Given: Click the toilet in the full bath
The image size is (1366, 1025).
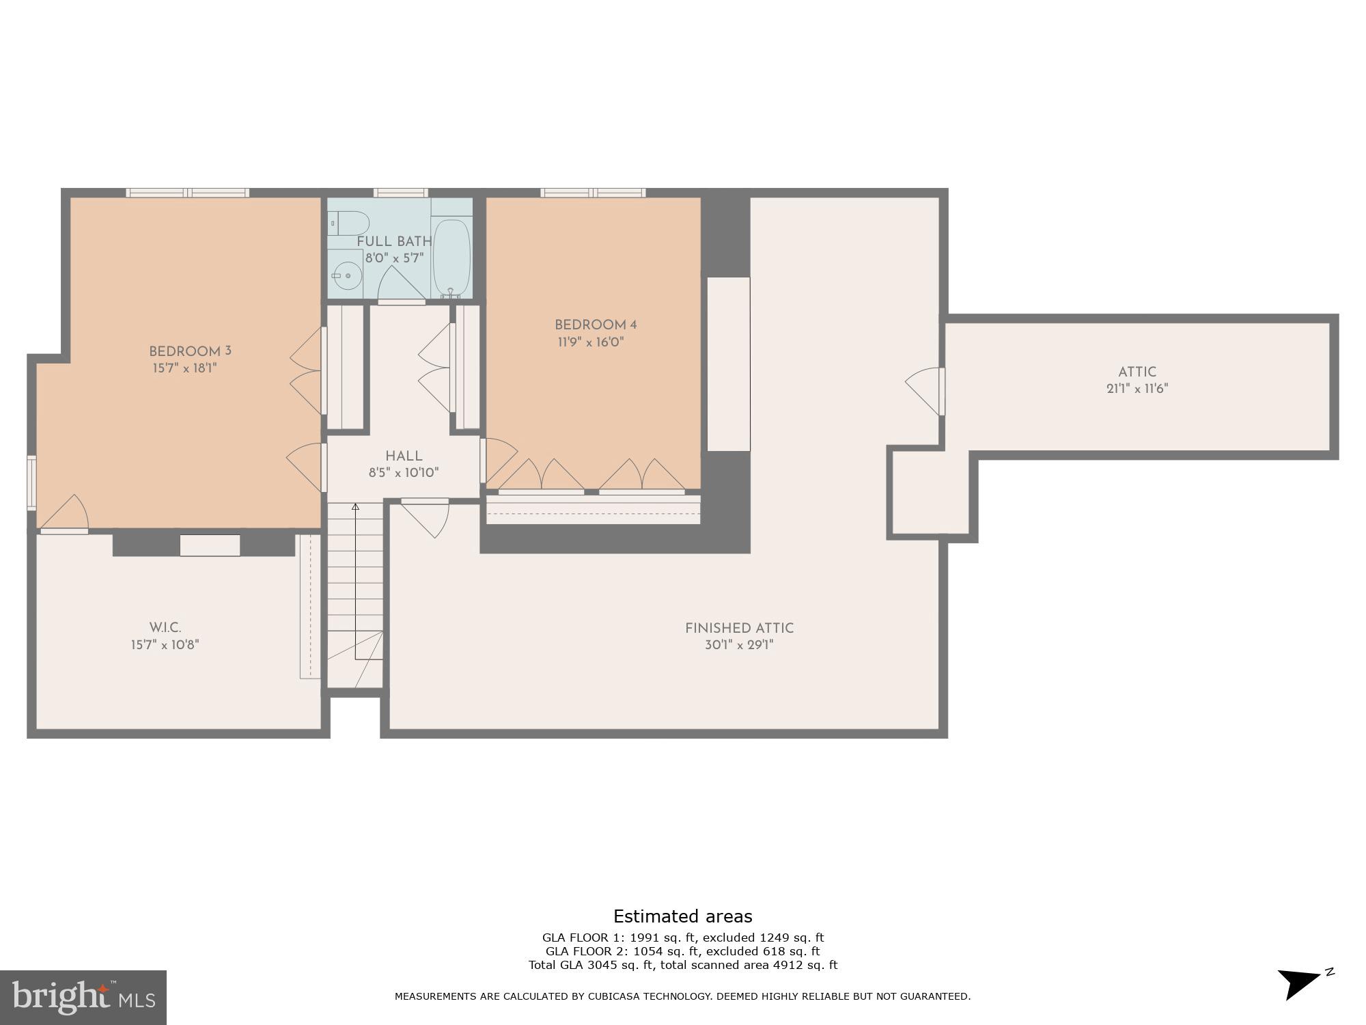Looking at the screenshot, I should (x=349, y=223).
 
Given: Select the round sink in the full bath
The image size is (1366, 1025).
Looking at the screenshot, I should (x=348, y=275).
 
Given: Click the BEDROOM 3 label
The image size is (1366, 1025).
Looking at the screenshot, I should (x=190, y=351).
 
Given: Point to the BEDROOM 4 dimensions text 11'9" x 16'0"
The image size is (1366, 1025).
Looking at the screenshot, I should (x=591, y=342).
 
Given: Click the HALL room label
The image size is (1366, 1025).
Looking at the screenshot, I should (x=404, y=456).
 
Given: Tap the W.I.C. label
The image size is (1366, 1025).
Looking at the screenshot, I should (x=165, y=627).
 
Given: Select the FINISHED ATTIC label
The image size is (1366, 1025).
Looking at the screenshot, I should (x=739, y=628).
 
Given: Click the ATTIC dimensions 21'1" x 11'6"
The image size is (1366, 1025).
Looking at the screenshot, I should (x=1137, y=389).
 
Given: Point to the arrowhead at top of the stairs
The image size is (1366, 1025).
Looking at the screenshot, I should (x=355, y=507).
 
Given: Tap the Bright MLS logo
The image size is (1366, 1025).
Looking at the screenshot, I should (x=83, y=997).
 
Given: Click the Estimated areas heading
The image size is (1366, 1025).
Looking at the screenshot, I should (x=682, y=916).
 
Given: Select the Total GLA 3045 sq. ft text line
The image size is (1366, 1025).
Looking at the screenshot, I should (x=682, y=965).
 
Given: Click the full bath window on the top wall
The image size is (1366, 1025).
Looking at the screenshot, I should (x=401, y=193).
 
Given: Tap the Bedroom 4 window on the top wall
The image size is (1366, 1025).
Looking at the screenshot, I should (x=593, y=193).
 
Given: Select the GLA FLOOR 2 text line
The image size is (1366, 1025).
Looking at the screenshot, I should (x=682, y=951).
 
